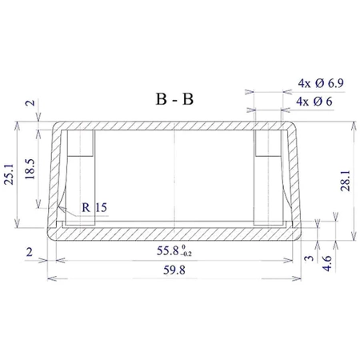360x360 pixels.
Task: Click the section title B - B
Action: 174,99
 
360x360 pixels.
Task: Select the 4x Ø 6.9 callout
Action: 321,83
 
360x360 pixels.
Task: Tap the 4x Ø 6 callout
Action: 314,102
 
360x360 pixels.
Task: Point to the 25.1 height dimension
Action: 9,174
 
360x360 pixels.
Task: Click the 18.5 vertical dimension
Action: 30,169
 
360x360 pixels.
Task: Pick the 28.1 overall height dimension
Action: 346,181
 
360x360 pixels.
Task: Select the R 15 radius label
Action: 94,207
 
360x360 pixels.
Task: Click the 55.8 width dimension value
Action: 167,250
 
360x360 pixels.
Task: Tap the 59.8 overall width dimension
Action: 174,270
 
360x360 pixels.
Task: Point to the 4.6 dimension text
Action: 327,263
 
